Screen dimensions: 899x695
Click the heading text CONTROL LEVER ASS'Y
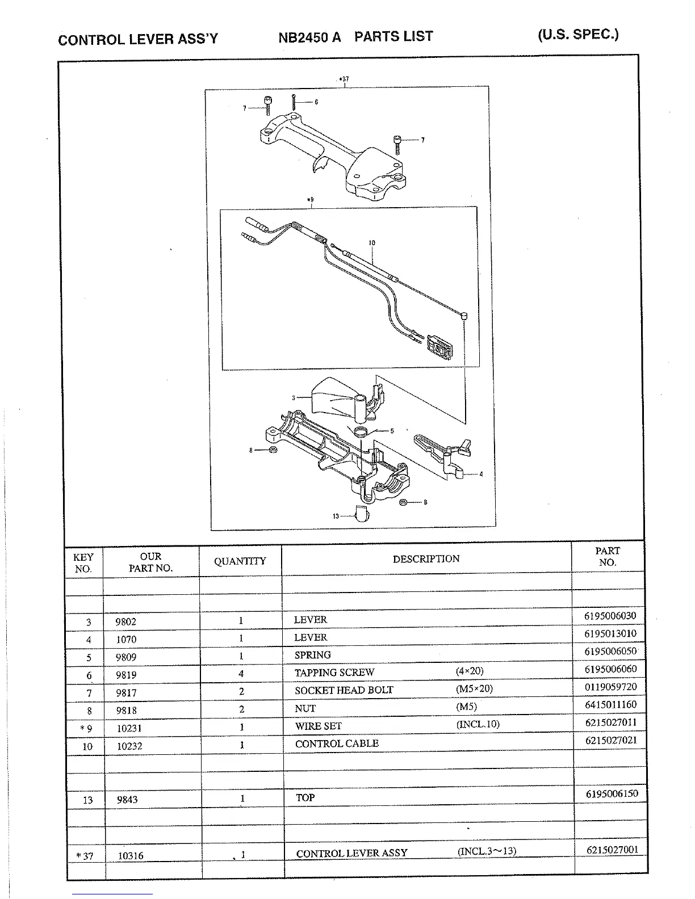pos(138,40)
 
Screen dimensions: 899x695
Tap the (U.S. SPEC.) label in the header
pos(578,34)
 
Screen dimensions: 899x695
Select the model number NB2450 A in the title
pos(309,37)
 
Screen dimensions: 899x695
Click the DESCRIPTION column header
pos(426,559)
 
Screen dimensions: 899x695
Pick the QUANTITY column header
pos(240,561)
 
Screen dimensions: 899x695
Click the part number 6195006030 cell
pos(610,616)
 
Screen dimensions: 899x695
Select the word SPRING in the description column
pos(312,655)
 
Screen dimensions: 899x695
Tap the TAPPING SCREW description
pos(334,673)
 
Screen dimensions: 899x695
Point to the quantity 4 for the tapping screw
pos(241,674)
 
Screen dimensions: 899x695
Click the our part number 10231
pos(129,728)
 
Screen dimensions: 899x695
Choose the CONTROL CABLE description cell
pos(337,743)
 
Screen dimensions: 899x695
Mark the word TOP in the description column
pos(305,797)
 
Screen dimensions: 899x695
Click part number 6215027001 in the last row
pos(612,850)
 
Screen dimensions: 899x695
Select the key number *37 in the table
pos(85,856)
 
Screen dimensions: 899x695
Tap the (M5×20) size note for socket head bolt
pos(474,688)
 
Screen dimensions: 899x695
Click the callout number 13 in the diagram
pos(336,516)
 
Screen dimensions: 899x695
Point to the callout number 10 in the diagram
pos(372,243)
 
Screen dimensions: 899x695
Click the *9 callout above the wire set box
pos(310,200)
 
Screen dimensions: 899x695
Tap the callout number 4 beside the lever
pos(481,474)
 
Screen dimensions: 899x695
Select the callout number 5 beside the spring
pos(392,431)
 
